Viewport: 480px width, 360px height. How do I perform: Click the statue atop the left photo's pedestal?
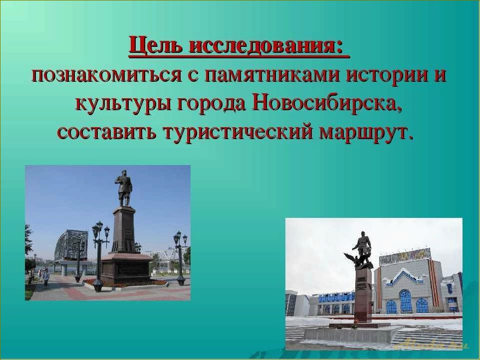pyautogui.click(x=123, y=188)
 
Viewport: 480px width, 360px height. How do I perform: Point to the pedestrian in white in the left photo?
pyautogui.click(x=46, y=275)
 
